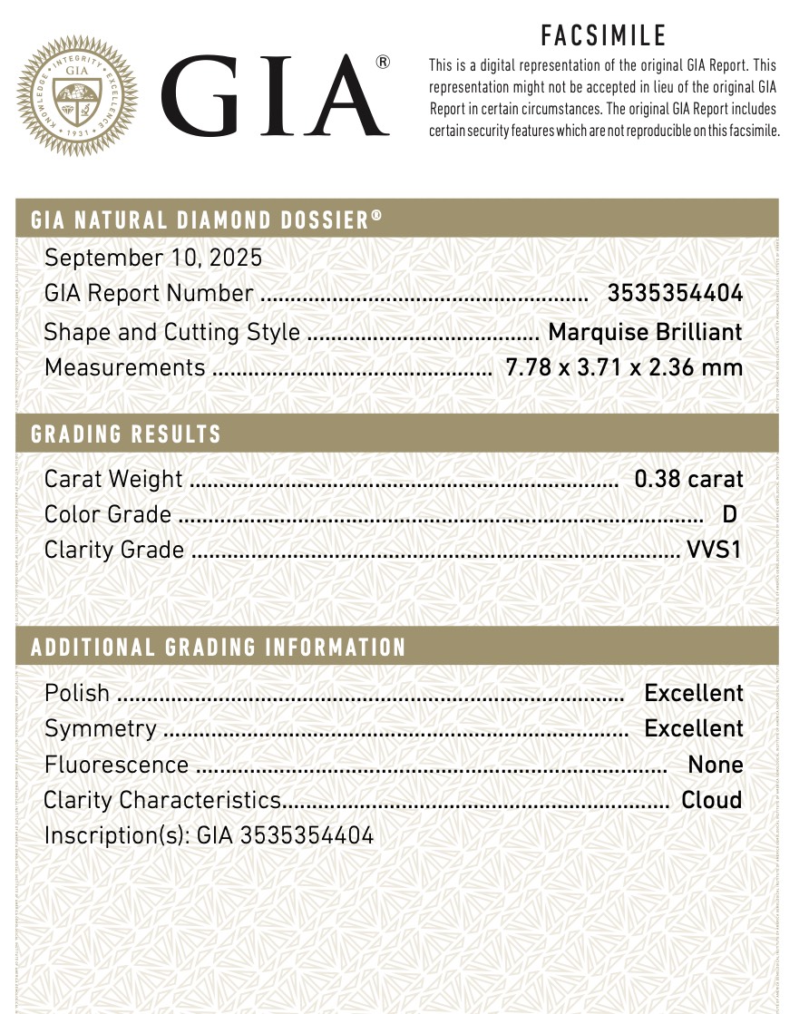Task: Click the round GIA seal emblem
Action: pos(83,95)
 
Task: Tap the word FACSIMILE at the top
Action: pos(603,35)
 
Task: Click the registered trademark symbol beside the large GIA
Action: pos(383,63)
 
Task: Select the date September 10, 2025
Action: pos(153,258)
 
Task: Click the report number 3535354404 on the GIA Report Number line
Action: pos(675,294)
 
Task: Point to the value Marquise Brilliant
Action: pos(645,332)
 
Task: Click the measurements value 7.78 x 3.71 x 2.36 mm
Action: pos(624,368)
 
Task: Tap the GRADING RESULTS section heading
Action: pos(126,434)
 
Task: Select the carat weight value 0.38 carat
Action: pos(688,479)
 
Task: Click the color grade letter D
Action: pos(729,515)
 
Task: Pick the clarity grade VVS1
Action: pos(715,551)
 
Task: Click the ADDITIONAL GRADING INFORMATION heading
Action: pos(219,648)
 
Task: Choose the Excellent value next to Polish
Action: pos(693,694)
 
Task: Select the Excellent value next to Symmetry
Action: pos(693,729)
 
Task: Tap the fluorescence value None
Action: pos(715,765)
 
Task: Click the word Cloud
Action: pos(711,801)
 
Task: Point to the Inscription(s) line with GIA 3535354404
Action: pos(209,836)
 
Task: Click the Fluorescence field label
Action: pos(116,765)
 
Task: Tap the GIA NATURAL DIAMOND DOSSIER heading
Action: pos(206,219)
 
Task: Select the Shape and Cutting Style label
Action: pos(171,332)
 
